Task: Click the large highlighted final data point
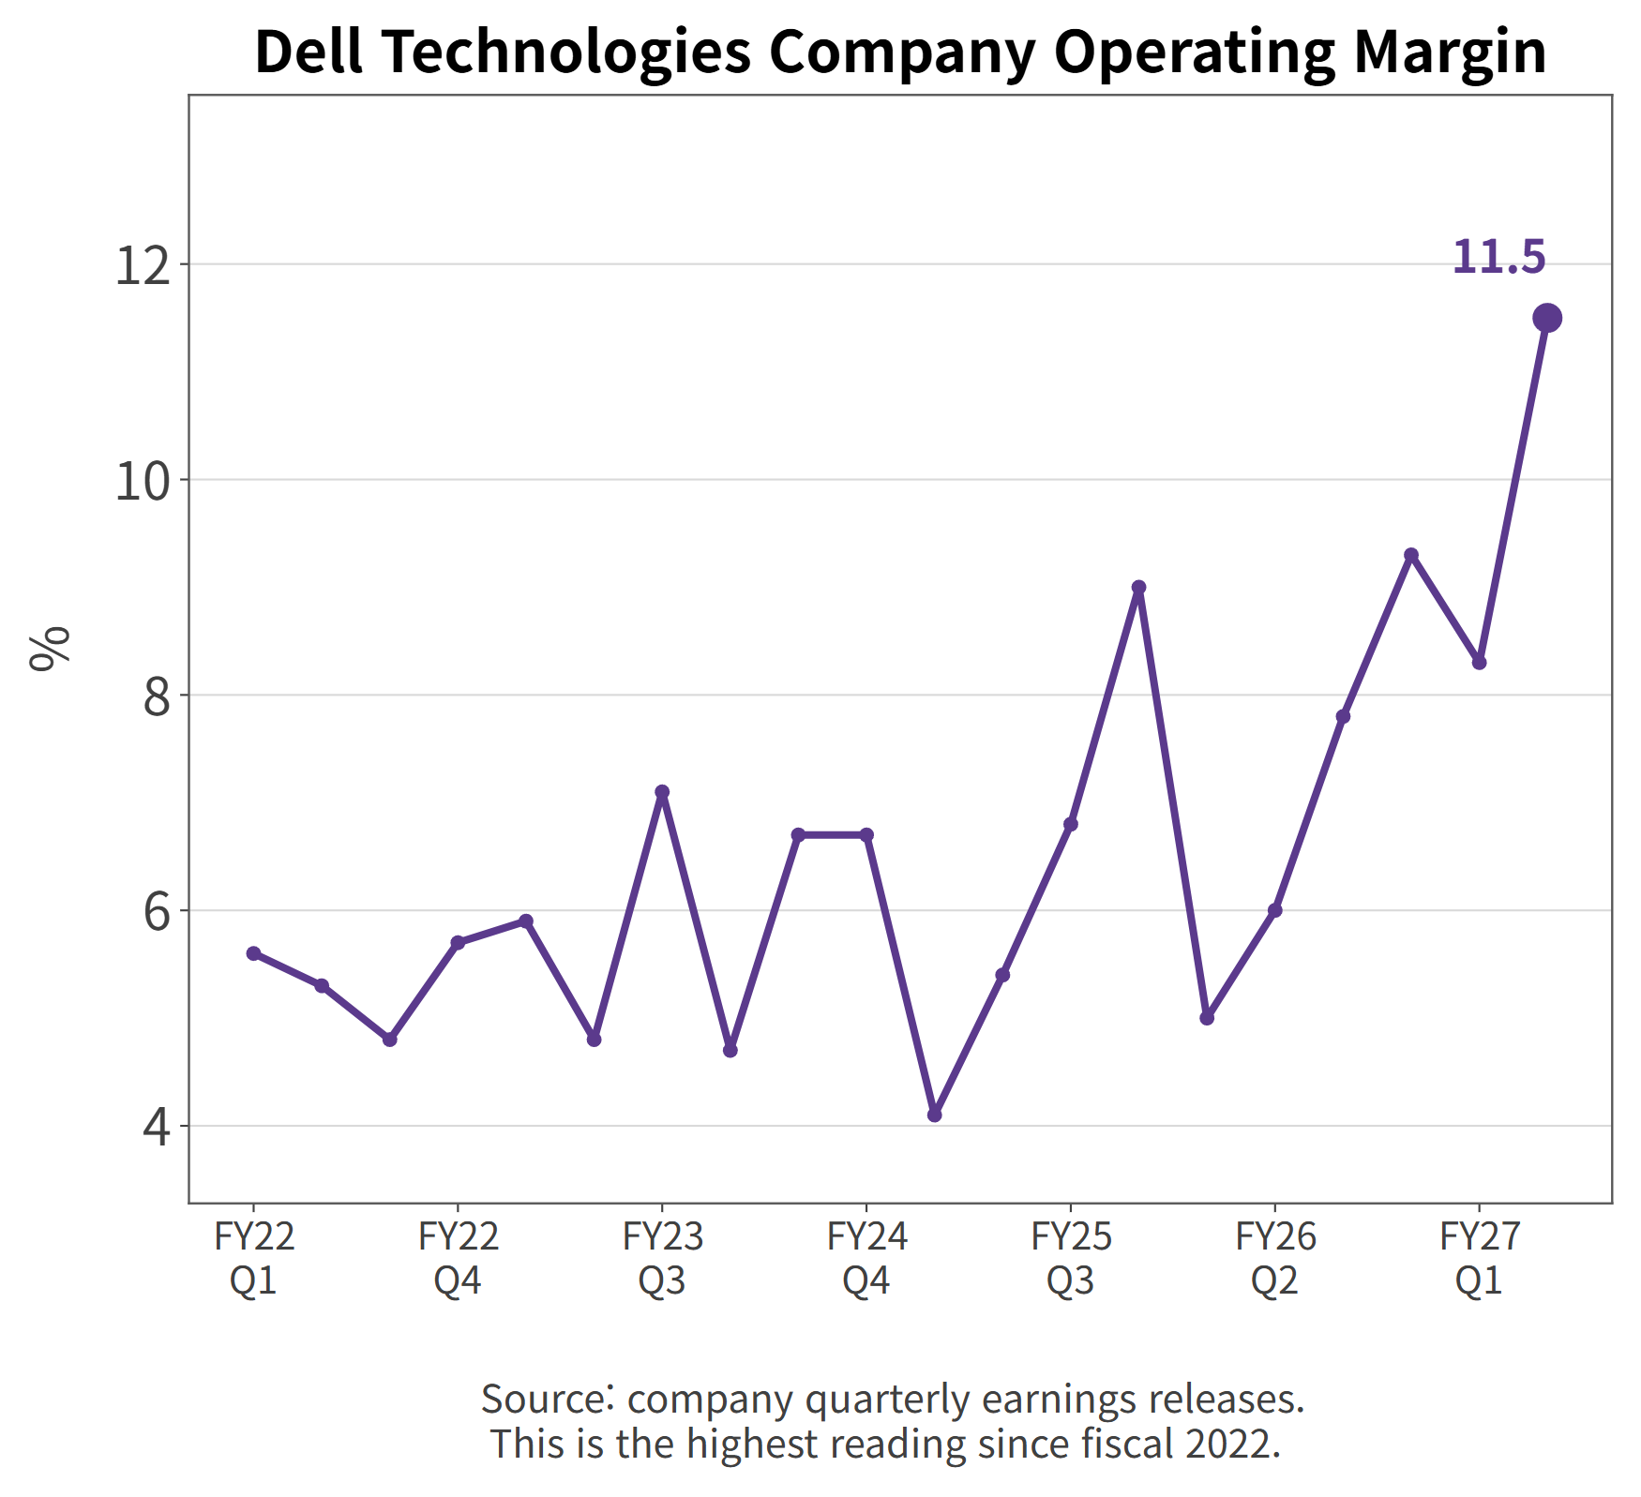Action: click(1547, 319)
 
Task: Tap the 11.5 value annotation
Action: click(1498, 257)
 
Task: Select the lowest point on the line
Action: click(934, 1115)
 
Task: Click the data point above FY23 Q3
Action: click(662, 792)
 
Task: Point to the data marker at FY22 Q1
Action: click(253, 953)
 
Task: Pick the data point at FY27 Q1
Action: click(1479, 663)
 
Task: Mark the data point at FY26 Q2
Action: click(1274, 910)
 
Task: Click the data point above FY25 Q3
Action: click(1070, 824)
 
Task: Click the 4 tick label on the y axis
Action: click(158, 1127)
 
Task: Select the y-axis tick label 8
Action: click(158, 696)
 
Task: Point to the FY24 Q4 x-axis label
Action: click(866, 1258)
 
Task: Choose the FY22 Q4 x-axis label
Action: click(458, 1258)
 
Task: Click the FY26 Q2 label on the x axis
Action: click(1275, 1258)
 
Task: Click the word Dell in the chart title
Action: click(309, 52)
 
